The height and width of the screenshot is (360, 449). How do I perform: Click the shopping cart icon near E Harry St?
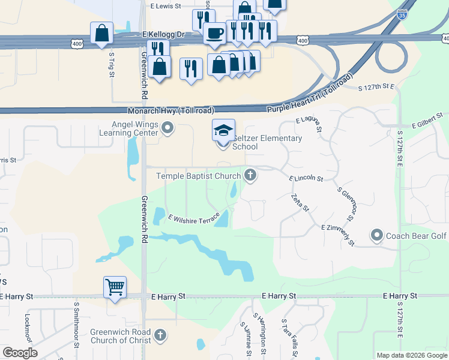point(115,286)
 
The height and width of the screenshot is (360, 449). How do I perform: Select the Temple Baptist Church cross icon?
point(250,176)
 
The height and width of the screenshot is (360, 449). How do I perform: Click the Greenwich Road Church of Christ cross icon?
point(160,335)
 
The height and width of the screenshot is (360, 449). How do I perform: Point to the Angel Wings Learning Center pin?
point(168,127)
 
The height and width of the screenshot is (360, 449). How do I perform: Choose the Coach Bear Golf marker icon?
point(377,235)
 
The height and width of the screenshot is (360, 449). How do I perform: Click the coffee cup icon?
point(214,32)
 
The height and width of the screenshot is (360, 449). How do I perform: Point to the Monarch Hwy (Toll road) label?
point(171,111)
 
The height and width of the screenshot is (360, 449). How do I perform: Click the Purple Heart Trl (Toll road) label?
point(309,94)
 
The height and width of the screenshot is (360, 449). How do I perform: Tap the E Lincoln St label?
point(306,179)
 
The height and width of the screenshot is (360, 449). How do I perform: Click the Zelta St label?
point(300,203)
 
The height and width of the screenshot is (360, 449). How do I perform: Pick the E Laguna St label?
point(310,125)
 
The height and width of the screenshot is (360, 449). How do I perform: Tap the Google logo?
point(20,353)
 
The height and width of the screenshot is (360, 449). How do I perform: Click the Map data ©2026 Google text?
point(412,355)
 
